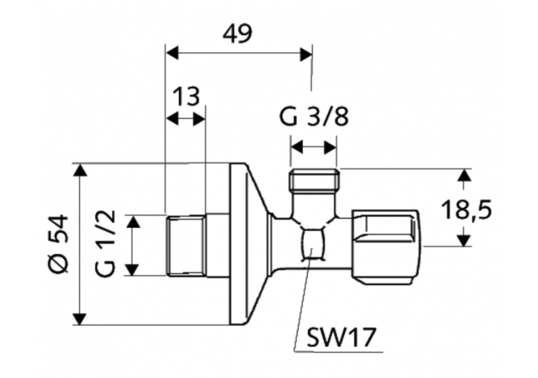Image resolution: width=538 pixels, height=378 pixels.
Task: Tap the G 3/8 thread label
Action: click(x=313, y=116)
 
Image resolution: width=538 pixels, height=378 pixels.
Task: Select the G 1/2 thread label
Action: click(x=105, y=243)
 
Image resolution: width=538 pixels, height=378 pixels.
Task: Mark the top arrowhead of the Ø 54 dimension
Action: click(x=80, y=170)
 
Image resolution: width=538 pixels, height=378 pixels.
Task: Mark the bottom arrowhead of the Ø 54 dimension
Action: click(x=80, y=318)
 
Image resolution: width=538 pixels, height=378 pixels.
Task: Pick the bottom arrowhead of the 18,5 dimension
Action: click(x=465, y=239)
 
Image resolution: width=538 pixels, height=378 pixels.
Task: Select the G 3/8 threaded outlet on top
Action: click(x=313, y=179)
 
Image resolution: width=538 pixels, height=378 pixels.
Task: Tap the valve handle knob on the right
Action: click(x=385, y=242)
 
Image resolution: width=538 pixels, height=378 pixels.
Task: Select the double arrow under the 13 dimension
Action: click(x=186, y=119)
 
